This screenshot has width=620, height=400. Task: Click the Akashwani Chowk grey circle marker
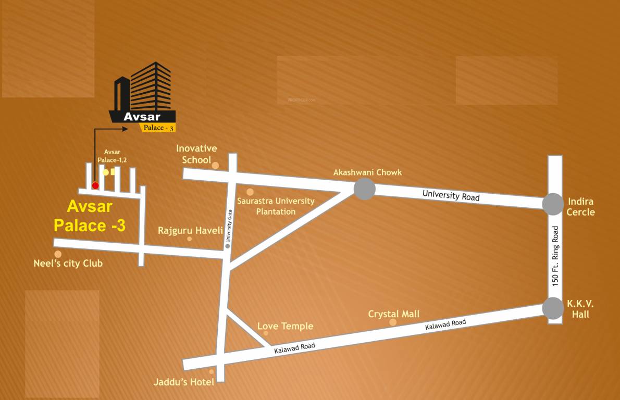click(364, 189)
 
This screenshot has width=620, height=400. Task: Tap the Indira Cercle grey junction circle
click(552, 204)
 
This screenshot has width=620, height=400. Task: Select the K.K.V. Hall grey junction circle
click(552, 308)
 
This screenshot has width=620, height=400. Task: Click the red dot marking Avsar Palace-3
click(95, 185)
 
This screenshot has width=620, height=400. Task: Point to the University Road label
click(451, 196)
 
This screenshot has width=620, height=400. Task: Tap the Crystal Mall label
click(393, 314)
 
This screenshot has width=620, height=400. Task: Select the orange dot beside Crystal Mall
click(393, 322)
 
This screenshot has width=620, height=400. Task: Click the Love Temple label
click(285, 326)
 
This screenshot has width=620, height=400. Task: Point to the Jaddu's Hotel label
click(183, 382)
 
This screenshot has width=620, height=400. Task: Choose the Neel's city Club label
click(68, 264)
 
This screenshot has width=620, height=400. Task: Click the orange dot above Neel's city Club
click(58, 254)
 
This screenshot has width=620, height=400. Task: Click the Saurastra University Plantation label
click(276, 206)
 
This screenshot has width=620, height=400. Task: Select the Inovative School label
click(196, 154)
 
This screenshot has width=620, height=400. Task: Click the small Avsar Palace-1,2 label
click(112, 156)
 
